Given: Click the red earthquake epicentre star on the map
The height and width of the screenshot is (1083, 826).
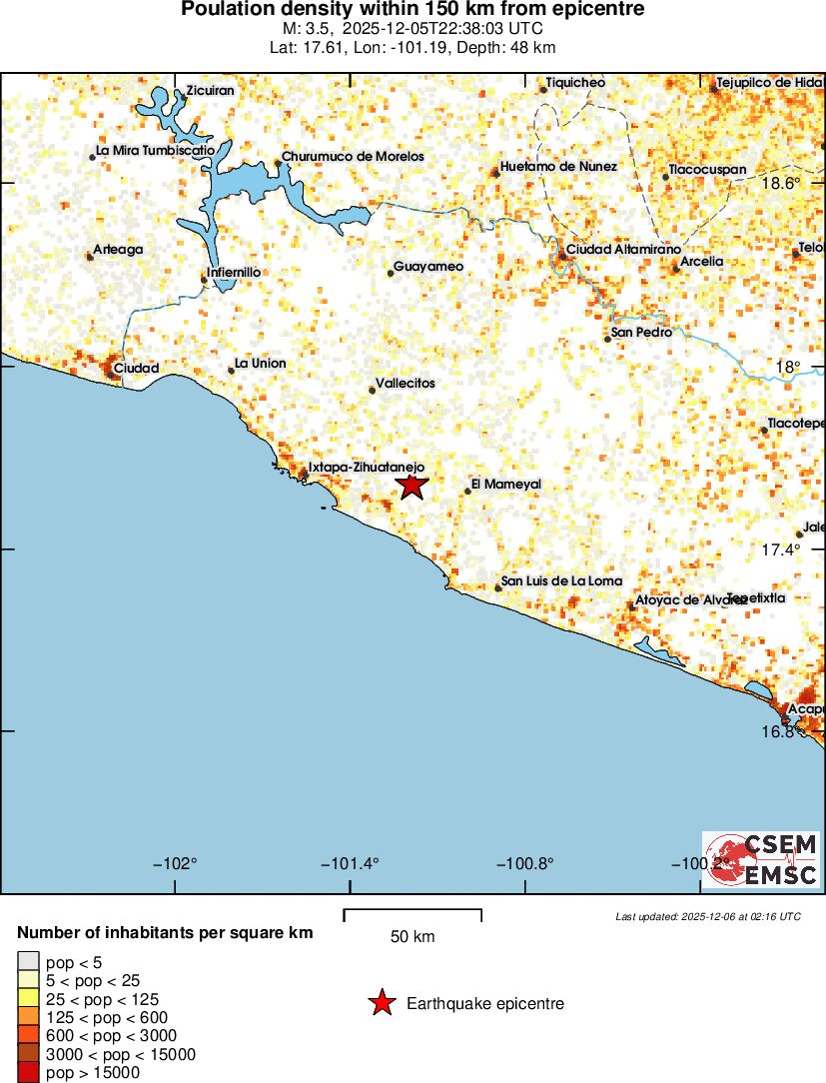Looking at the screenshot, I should click(x=412, y=487).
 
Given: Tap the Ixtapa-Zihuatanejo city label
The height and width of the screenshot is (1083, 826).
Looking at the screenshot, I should click(x=367, y=467).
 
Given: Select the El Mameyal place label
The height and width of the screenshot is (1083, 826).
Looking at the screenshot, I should click(x=505, y=485).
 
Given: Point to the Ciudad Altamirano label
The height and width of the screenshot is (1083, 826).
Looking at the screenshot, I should click(x=623, y=249).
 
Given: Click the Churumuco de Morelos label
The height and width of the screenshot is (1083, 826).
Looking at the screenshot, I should click(x=353, y=157).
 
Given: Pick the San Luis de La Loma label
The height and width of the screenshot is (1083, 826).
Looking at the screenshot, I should click(x=561, y=581).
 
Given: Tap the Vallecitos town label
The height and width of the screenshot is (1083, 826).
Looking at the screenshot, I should click(x=405, y=384).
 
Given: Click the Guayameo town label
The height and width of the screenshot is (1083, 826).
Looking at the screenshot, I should click(x=428, y=267).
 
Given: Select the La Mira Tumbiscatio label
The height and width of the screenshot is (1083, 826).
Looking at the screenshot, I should click(x=155, y=151).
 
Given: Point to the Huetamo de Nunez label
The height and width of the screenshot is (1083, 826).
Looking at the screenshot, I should click(x=558, y=167).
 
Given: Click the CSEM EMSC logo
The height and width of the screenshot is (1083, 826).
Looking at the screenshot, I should click(x=762, y=860).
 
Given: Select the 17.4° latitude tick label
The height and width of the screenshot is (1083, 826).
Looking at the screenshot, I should click(x=782, y=549).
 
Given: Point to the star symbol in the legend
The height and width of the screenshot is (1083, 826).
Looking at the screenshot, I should click(x=382, y=1004).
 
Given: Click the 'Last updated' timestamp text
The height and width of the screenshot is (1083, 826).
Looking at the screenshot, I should click(x=708, y=916).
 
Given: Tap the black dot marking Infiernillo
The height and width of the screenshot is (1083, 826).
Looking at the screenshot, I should click(x=205, y=281).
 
